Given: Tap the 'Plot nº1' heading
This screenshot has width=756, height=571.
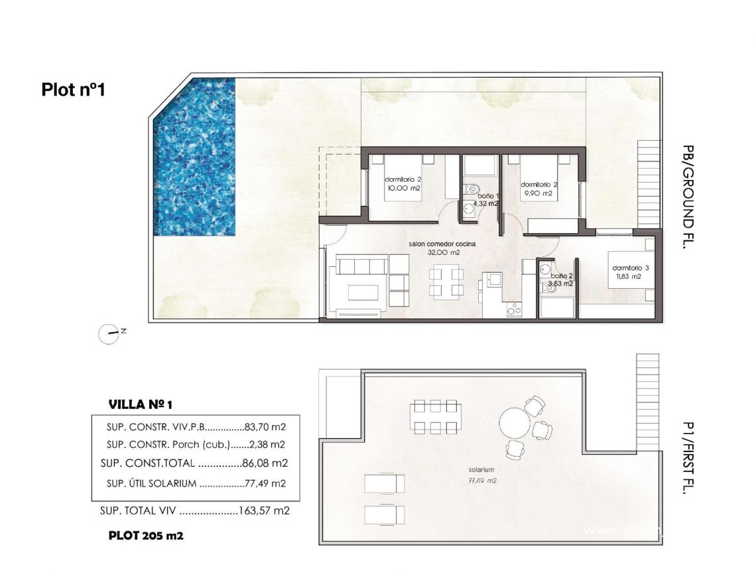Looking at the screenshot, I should [x=73, y=89].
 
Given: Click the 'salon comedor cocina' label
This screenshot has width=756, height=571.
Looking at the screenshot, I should [x=442, y=244].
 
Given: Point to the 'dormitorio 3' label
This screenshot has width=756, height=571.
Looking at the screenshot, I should [x=627, y=268].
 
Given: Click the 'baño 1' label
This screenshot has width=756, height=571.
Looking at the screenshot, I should [x=489, y=196].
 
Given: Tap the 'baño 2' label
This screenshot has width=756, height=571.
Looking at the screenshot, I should [x=562, y=275].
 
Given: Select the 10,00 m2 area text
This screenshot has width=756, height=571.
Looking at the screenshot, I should [x=404, y=189].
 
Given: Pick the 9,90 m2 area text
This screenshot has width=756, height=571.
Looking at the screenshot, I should [x=537, y=194].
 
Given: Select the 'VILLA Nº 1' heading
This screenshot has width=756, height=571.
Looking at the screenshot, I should [x=140, y=404].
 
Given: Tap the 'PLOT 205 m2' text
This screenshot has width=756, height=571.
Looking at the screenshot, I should [x=146, y=536].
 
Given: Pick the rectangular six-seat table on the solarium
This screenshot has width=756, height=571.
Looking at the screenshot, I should [x=434, y=416].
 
